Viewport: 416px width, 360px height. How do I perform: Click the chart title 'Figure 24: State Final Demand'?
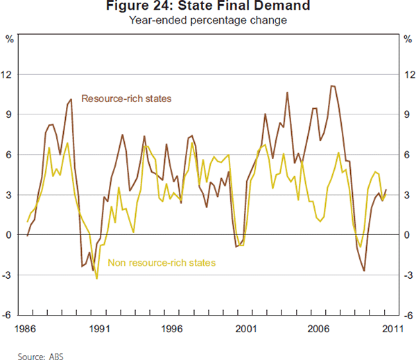(209, 8)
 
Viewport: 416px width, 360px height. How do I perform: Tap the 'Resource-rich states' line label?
(126, 98)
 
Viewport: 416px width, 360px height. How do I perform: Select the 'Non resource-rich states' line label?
(162, 263)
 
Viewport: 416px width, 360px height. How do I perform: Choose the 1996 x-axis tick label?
(171, 329)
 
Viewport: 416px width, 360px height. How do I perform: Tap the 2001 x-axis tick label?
(245, 329)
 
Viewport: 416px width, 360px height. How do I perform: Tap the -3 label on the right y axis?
(406, 275)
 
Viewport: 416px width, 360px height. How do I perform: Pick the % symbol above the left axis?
(10, 37)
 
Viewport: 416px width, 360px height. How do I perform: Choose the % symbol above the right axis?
(406, 37)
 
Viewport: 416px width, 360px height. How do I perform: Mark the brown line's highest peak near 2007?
(332, 86)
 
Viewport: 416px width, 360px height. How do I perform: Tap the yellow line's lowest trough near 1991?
(96, 279)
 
